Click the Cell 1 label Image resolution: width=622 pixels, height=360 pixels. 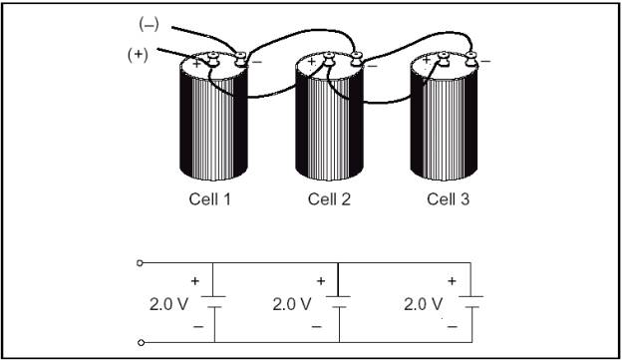point(210,198)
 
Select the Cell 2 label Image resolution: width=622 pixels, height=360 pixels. point(329,198)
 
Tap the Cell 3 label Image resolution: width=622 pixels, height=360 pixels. point(448,198)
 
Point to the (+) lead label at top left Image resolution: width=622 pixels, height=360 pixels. point(138,55)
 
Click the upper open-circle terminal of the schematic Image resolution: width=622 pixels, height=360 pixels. point(141,263)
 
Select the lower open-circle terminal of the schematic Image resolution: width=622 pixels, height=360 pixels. point(141,343)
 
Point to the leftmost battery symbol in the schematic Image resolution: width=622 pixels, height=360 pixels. point(216,303)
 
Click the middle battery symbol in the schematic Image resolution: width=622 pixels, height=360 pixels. point(340,303)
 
